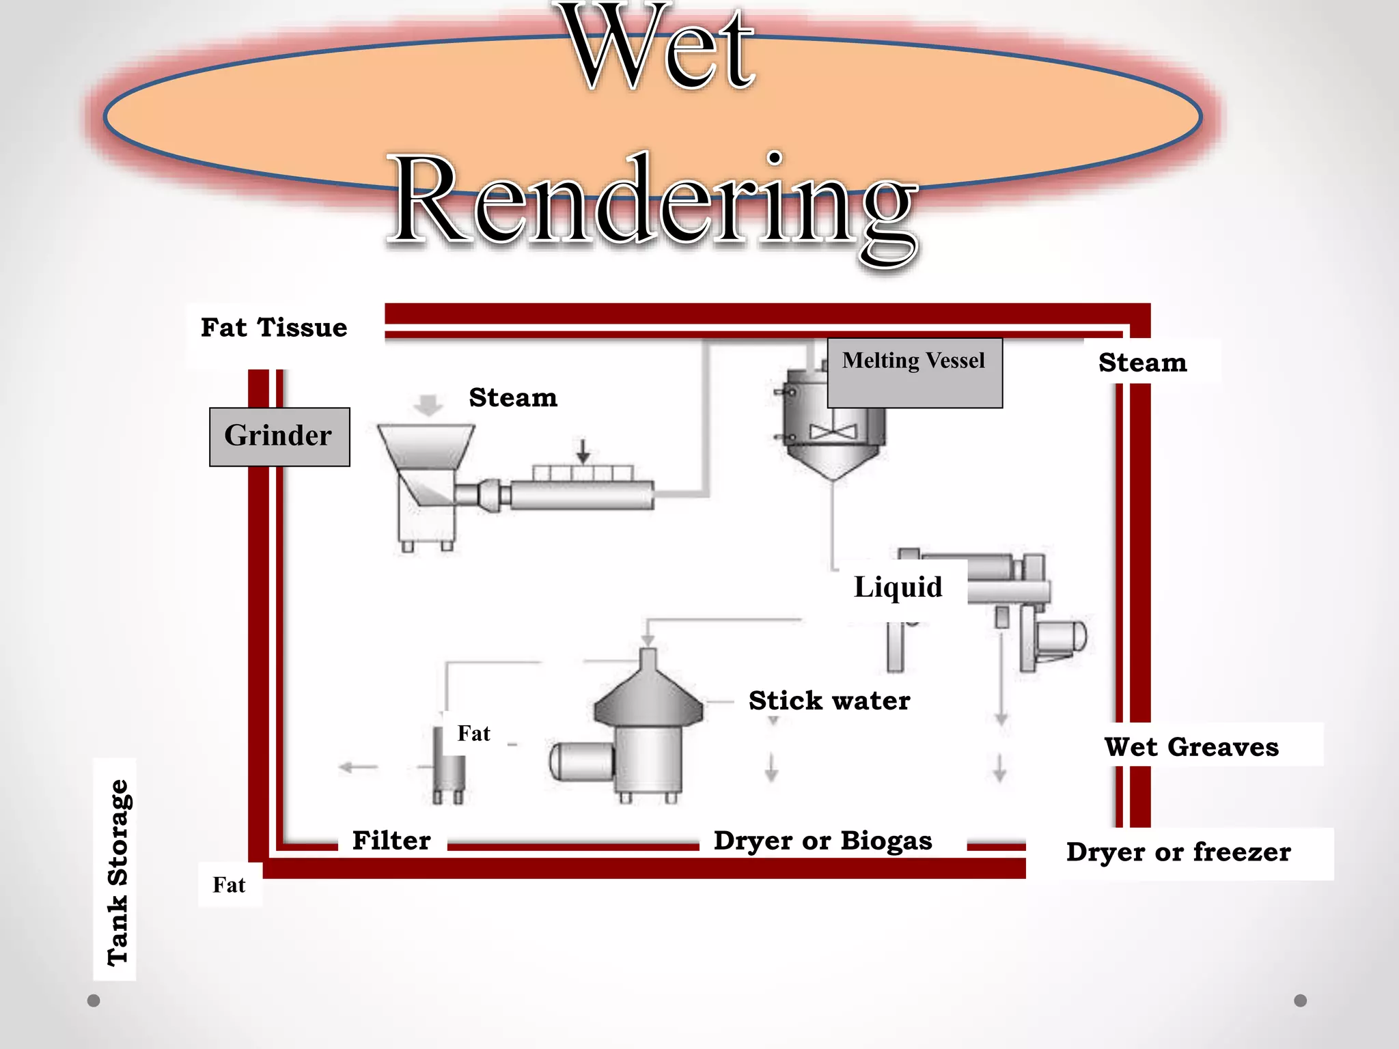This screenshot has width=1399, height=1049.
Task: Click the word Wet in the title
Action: click(x=661, y=48)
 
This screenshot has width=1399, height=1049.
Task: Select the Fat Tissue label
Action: click(x=274, y=328)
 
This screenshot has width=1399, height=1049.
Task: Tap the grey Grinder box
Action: click(x=279, y=436)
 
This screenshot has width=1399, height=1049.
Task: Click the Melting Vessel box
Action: click(x=914, y=372)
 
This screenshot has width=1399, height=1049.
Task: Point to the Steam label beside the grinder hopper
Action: click(x=513, y=397)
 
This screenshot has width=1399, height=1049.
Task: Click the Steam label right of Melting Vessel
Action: click(x=1142, y=363)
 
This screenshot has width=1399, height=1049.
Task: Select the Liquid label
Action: click(x=898, y=587)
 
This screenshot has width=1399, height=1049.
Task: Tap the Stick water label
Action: click(x=829, y=701)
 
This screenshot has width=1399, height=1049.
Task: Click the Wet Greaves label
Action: click(x=1191, y=746)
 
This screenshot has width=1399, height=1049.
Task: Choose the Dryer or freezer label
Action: click(x=1178, y=852)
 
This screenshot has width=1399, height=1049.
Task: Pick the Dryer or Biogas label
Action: click(x=822, y=841)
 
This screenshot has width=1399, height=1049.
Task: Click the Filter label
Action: click(x=391, y=841)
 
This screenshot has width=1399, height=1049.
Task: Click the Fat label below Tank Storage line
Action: click(x=229, y=885)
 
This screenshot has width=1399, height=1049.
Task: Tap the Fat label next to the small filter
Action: click(x=473, y=733)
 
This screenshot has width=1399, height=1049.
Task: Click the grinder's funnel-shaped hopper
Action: click(x=426, y=447)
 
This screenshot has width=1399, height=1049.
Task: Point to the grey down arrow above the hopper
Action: click(x=428, y=404)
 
